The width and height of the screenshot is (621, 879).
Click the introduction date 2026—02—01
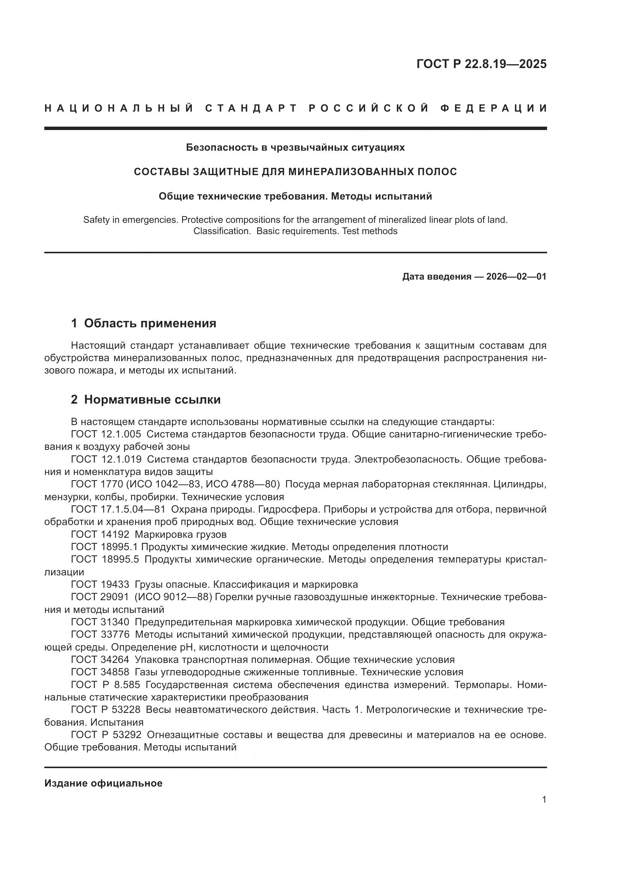pyautogui.click(x=516, y=277)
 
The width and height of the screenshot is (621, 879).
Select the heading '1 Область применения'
pyautogui.click(x=143, y=323)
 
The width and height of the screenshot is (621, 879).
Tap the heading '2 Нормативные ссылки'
pyautogui.click(x=146, y=399)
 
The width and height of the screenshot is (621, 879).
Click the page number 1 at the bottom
pyautogui.click(x=544, y=800)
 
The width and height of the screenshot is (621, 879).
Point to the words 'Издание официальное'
pyautogui.click(x=103, y=783)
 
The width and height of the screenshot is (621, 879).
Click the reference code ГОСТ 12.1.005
pyautogui.click(x=106, y=434)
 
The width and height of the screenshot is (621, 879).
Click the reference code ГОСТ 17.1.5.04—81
pyautogui.click(x=118, y=509)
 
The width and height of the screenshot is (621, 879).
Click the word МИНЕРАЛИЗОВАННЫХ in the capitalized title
pyautogui.click(x=350, y=172)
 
